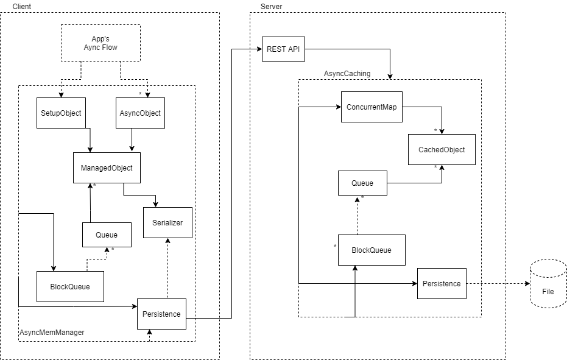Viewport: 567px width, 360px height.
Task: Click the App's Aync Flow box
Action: (x=100, y=43)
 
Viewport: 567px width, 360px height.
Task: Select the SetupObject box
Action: (x=61, y=113)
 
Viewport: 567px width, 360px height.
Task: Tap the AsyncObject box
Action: (x=140, y=113)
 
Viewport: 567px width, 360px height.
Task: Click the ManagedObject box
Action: (x=107, y=168)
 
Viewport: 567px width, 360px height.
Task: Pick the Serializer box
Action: (x=168, y=222)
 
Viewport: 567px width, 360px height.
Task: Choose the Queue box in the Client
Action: (x=107, y=235)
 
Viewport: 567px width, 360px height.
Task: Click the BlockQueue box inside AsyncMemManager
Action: (x=70, y=286)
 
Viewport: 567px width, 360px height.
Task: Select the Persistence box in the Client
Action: (x=161, y=314)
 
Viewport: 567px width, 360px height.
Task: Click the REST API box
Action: (x=284, y=49)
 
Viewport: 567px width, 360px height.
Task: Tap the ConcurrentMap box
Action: (x=372, y=107)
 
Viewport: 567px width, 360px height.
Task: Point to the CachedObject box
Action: (x=442, y=150)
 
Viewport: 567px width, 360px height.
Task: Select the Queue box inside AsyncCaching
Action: (x=363, y=183)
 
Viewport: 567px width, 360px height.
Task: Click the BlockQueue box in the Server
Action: (x=372, y=250)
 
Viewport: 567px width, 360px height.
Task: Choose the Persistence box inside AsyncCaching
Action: (x=442, y=284)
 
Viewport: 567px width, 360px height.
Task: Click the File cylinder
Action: (x=548, y=284)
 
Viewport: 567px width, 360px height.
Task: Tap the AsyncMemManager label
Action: (x=52, y=332)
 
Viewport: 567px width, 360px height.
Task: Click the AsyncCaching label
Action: (x=347, y=74)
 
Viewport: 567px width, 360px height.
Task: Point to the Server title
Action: (x=271, y=7)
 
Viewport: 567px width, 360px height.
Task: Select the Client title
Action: (x=22, y=7)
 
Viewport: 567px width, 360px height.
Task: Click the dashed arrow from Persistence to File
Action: (x=498, y=284)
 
